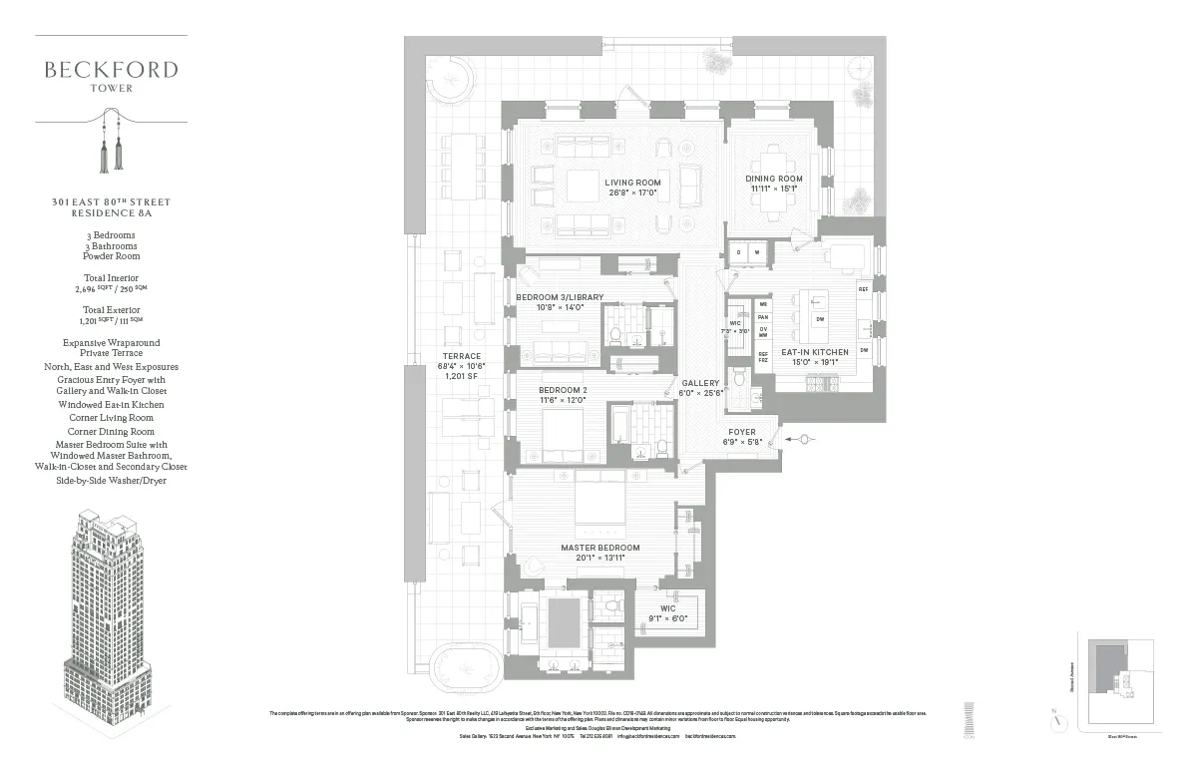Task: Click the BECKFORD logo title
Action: click(x=111, y=70)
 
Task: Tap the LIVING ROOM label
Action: click(x=632, y=183)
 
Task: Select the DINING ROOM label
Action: click(x=774, y=179)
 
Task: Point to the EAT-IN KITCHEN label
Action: click(x=815, y=352)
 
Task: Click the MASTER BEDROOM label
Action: click(x=599, y=548)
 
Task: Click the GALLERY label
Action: click(x=700, y=383)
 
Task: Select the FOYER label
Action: click(x=742, y=432)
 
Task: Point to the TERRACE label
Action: click(x=461, y=356)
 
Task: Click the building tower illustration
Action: click(x=110, y=628)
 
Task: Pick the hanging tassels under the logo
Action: click(x=111, y=145)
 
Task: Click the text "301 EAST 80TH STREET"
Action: click(x=111, y=202)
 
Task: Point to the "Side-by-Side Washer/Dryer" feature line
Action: click(x=111, y=481)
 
